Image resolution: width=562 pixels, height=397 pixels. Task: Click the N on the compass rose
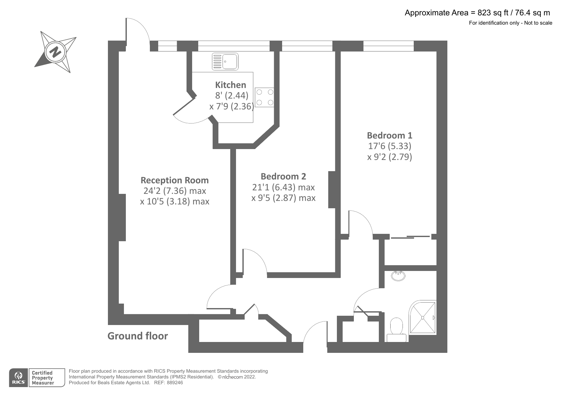(x=56, y=52)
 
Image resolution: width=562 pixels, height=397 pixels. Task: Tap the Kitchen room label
(x=231, y=85)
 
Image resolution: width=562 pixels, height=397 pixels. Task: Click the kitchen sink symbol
(x=225, y=61)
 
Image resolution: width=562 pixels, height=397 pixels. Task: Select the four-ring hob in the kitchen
(x=265, y=97)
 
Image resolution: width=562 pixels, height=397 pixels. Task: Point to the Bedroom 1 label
(x=389, y=135)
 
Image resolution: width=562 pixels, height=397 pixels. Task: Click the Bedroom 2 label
(x=283, y=176)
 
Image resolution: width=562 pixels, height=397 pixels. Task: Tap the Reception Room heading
(x=175, y=180)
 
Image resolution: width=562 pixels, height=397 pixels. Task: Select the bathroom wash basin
(x=398, y=275)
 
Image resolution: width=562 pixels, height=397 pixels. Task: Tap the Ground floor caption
(x=137, y=336)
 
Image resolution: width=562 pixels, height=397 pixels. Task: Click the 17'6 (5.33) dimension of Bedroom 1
(x=389, y=146)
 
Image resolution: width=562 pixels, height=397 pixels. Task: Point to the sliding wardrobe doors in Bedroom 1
(x=410, y=237)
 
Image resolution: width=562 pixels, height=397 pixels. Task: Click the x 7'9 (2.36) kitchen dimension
(x=231, y=106)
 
